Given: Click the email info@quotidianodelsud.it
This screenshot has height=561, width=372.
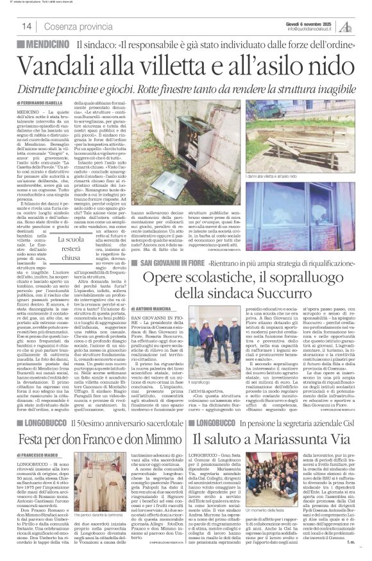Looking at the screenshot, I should pyautogui.click(x=312, y=28).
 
